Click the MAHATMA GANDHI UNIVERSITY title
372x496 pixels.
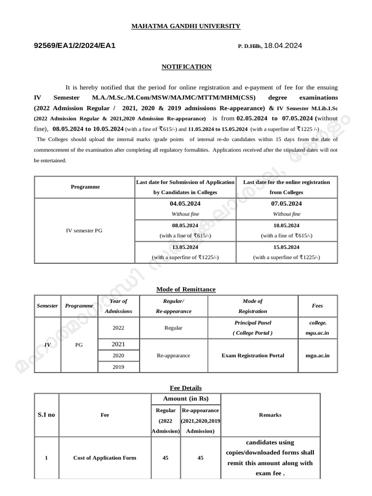[x=186, y=26]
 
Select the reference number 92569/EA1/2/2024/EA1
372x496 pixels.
[x=75, y=46]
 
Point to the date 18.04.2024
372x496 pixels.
[x=283, y=46]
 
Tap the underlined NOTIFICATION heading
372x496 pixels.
[x=186, y=67]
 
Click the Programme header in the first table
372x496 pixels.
[x=85, y=186]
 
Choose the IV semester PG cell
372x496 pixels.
[x=84, y=231]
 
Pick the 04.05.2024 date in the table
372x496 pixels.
[x=185, y=204]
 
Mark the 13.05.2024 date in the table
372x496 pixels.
[x=185, y=247]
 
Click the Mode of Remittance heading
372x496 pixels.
[x=186, y=289]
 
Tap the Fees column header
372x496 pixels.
[x=317, y=306]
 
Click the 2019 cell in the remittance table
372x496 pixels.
[x=118, y=367]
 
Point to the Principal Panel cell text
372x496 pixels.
[x=252, y=323]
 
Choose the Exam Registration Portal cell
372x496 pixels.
[x=252, y=355]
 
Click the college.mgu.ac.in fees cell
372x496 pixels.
[x=317, y=327]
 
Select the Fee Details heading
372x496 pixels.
[x=186, y=388]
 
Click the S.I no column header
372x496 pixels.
[x=46, y=415]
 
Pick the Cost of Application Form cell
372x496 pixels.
[x=105, y=458]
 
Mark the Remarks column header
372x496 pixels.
[x=270, y=415]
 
